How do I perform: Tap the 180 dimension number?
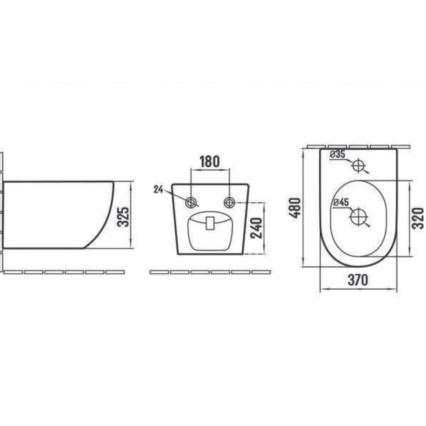[210, 161]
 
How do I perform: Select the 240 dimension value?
[256, 228]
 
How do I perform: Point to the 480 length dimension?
[295, 208]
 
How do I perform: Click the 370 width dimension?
[358, 280]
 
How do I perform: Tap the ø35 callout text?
[337, 154]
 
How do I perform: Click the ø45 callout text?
[341, 202]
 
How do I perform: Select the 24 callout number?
[158, 190]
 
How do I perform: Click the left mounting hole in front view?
[191, 202]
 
